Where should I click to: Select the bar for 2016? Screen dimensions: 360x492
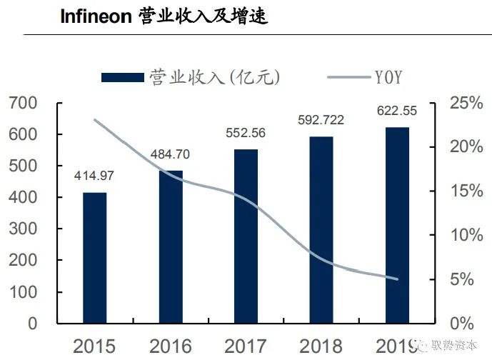point(171,246)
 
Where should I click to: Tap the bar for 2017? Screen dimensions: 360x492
point(246,236)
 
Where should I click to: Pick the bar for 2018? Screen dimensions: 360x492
point(321,229)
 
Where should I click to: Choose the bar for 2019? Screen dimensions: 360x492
point(398,225)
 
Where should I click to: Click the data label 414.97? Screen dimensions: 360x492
point(94,176)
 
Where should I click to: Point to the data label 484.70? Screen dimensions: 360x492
point(171,154)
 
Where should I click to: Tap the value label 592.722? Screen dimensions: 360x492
point(321,120)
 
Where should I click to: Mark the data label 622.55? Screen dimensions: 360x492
point(396,111)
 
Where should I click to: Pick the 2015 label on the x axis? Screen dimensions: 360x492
point(94,347)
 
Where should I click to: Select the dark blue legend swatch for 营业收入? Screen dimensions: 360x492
point(122,76)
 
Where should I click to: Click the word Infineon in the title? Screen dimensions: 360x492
point(95,16)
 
